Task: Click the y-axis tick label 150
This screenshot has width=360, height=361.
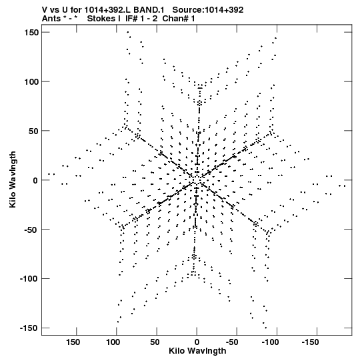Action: [x=31, y=33]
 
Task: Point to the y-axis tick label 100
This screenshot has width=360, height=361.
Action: [x=31, y=81]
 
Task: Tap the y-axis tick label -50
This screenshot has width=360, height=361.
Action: [x=31, y=230]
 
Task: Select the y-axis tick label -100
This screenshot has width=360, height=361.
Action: [x=29, y=279]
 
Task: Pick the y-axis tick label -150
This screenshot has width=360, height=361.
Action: [x=29, y=328]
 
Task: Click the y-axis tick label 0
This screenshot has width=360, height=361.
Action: [x=35, y=180]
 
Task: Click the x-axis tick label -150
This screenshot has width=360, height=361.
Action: [x=310, y=342]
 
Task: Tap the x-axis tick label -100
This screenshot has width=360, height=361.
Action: [x=270, y=342]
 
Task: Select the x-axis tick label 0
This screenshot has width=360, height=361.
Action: [x=197, y=342]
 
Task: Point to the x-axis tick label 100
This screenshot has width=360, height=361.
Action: [x=113, y=342]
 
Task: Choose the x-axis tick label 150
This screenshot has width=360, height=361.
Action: [x=73, y=342]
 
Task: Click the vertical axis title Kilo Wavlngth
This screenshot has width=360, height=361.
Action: [x=13, y=179]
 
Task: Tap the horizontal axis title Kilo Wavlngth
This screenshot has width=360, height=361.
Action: [x=197, y=351]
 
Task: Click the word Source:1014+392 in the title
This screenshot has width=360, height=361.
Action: [x=208, y=10]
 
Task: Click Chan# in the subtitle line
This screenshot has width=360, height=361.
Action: [x=176, y=19]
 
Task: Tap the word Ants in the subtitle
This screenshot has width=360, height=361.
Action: [x=51, y=19]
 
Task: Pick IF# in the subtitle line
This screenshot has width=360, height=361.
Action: [x=131, y=19]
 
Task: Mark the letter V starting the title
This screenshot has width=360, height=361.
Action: [x=45, y=10]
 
